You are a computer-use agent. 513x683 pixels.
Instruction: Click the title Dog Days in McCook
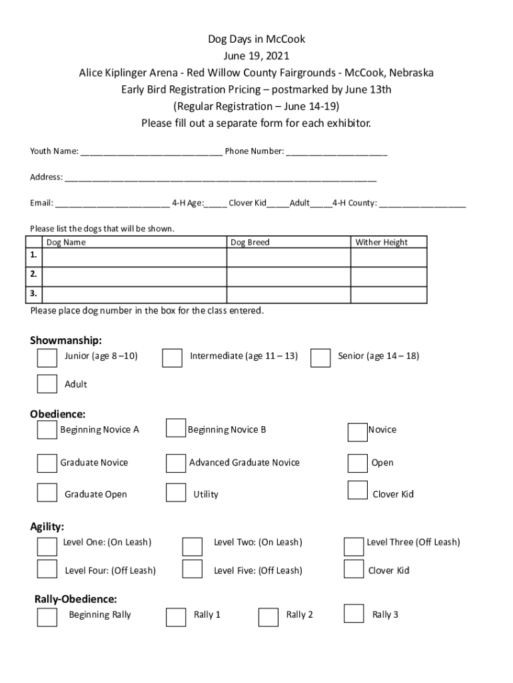(x=256, y=39)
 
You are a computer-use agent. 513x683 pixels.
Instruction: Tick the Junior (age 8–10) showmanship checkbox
(x=47, y=358)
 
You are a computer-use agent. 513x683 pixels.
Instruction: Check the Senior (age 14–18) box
(x=320, y=358)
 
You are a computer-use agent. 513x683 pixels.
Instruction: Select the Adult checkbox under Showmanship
(x=47, y=384)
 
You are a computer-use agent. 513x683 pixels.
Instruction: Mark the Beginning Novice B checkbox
(x=176, y=428)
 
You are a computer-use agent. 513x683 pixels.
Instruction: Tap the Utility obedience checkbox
(x=176, y=493)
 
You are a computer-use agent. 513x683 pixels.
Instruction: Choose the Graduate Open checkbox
(x=47, y=492)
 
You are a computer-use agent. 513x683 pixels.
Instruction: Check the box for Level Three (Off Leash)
(x=354, y=546)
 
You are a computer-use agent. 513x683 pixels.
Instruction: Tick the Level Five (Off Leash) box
(x=193, y=569)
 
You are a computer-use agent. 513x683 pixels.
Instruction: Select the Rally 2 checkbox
(x=268, y=617)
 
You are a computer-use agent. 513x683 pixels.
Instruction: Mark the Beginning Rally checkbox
(x=47, y=617)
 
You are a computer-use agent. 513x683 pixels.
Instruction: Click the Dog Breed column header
(x=250, y=242)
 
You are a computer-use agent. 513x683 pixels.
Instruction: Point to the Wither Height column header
(x=381, y=242)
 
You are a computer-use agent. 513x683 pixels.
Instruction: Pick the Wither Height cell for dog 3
(x=388, y=294)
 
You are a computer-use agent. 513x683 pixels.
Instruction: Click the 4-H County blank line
(x=423, y=204)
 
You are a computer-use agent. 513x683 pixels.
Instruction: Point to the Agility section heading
(x=47, y=527)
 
